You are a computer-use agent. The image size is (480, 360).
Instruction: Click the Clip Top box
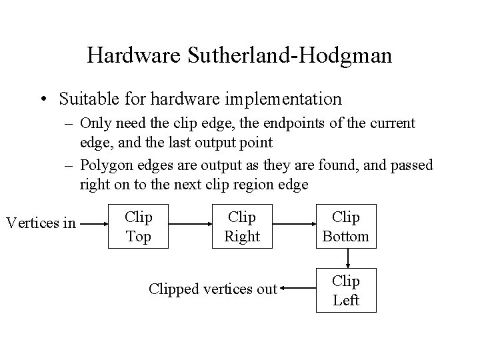pos(139,226)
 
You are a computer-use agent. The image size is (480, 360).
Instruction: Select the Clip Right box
pos(242,226)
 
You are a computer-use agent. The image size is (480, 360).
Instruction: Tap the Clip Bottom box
pos(345,226)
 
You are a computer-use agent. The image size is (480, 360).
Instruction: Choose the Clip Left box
pos(345,290)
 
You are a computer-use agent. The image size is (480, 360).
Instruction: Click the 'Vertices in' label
pos(41,223)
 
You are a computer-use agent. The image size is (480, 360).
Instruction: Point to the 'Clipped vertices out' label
pos(213,289)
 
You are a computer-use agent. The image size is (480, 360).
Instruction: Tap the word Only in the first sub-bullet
pos(95,123)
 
